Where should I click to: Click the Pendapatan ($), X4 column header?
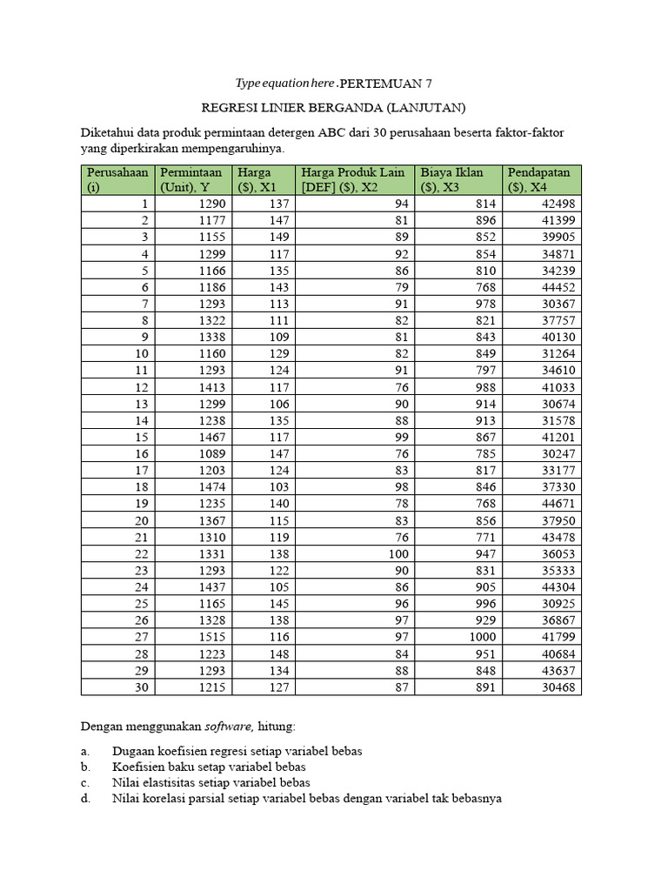point(543,179)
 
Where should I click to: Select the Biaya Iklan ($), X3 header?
point(459,179)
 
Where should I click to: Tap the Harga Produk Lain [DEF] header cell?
point(354,179)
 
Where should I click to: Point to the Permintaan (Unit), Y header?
point(195,179)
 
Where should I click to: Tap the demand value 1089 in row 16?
point(210,455)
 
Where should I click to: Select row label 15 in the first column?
point(144,438)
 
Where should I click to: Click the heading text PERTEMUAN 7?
point(384,84)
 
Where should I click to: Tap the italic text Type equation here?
point(284,84)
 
